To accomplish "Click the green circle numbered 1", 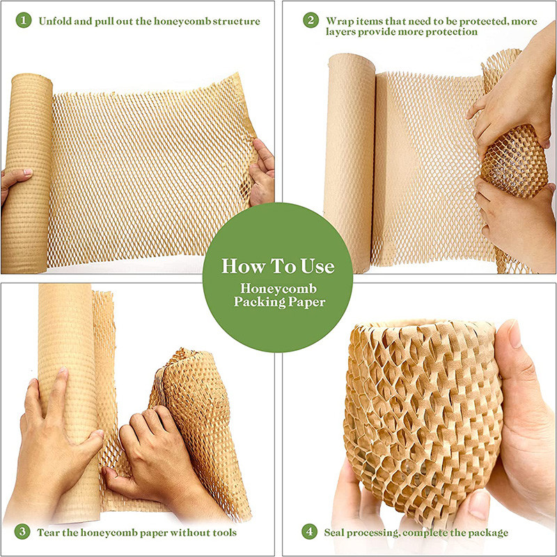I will tap(25, 21).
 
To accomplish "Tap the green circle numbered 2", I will tap(311, 21).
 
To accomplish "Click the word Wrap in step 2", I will tap(340, 21).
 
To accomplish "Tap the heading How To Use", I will tap(278, 267).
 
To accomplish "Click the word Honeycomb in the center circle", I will tap(278, 288).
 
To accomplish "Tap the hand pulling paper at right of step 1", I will tap(264, 171).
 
